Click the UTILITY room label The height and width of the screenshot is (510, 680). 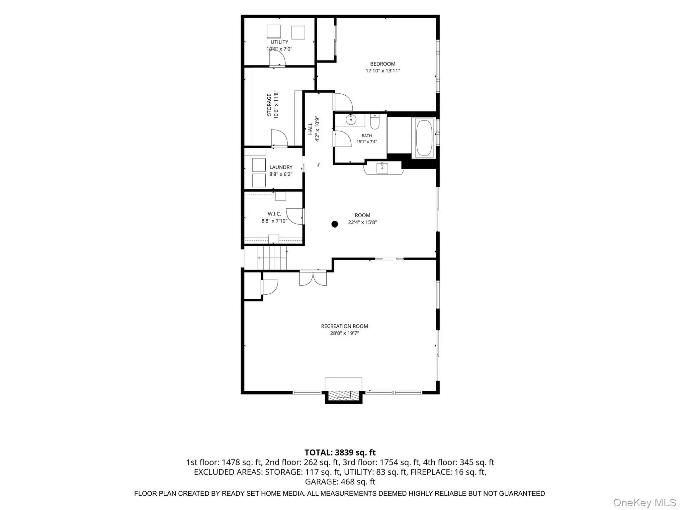(279, 42)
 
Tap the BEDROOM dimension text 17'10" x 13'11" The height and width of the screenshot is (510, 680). (383, 70)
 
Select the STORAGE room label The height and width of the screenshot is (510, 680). (269, 105)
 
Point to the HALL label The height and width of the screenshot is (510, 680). (310, 129)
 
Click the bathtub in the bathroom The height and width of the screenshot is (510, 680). (424, 138)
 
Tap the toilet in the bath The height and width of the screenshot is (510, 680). (375, 122)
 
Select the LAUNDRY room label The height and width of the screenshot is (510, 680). (281, 167)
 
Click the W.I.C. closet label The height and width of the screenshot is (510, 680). (274, 214)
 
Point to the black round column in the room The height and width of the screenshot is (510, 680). (335, 224)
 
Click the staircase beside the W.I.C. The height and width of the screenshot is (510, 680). (272, 258)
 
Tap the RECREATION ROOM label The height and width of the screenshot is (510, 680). (344, 326)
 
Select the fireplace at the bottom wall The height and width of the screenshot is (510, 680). (343, 391)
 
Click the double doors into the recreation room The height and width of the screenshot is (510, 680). (313, 278)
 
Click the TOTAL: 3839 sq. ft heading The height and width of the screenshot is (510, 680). (340, 453)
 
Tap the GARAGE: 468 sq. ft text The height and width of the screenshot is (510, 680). (340, 481)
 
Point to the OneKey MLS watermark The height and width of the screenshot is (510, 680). (644, 503)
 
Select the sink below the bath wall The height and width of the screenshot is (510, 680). (382, 168)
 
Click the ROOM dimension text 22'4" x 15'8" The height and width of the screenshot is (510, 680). (362, 222)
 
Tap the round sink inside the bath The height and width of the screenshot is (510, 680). (351, 119)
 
